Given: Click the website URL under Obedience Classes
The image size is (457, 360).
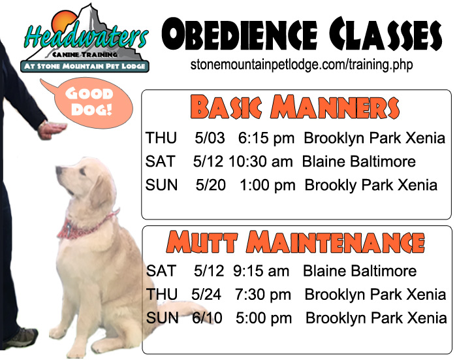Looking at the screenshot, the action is [x=302, y=65].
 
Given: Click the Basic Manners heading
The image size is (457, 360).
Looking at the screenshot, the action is [x=295, y=107].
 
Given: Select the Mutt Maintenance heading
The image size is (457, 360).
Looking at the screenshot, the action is [x=296, y=242].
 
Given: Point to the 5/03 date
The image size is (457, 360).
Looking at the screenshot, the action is [x=210, y=138].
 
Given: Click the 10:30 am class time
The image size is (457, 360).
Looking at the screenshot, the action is [x=260, y=161].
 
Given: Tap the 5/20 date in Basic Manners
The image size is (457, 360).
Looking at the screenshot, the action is [x=211, y=185].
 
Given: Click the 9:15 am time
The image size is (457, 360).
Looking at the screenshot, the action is [x=261, y=271].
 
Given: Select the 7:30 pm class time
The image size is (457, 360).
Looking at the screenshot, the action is [x=263, y=295].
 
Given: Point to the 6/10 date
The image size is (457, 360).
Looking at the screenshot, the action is [x=207, y=318].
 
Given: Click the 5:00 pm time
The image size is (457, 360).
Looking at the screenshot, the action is [x=264, y=318].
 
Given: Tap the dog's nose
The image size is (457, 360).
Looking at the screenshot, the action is [x=59, y=169].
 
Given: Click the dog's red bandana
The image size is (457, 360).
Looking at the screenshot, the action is [x=84, y=225].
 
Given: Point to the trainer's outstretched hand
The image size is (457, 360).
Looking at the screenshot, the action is [x=52, y=130].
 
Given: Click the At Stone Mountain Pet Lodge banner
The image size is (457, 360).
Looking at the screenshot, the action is [x=84, y=66].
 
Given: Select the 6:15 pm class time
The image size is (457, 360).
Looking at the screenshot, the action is [x=266, y=138].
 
